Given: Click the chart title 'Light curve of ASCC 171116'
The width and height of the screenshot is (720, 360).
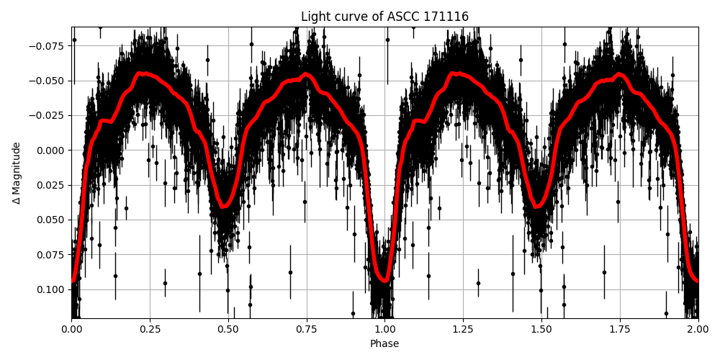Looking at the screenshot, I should (x=384, y=17).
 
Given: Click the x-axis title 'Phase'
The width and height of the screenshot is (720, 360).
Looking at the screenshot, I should (x=384, y=344).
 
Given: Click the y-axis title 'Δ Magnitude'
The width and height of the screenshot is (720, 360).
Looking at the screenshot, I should (x=17, y=173).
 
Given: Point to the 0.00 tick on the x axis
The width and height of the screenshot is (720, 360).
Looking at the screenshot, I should (x=71, y=329).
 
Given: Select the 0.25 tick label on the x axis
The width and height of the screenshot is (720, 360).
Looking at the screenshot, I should (x=150, y=329).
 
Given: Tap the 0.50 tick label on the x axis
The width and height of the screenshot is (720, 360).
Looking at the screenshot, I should (x=228, y=329).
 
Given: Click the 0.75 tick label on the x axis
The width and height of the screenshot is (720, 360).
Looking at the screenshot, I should (x=307, y=329).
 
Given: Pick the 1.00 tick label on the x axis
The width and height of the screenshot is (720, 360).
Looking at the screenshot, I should (x=384, y=329).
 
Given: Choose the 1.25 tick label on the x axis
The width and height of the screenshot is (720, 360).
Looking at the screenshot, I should (x=463, y=329).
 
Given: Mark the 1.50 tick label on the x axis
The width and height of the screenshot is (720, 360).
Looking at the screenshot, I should (x=541, y=329).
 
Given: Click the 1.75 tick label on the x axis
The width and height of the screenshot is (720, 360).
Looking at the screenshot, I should (x=620, y=329).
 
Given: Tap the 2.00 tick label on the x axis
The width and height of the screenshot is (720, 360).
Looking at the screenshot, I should (x=698, y=329).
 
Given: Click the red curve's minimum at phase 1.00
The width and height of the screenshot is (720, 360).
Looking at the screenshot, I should (x=384, y=281).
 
